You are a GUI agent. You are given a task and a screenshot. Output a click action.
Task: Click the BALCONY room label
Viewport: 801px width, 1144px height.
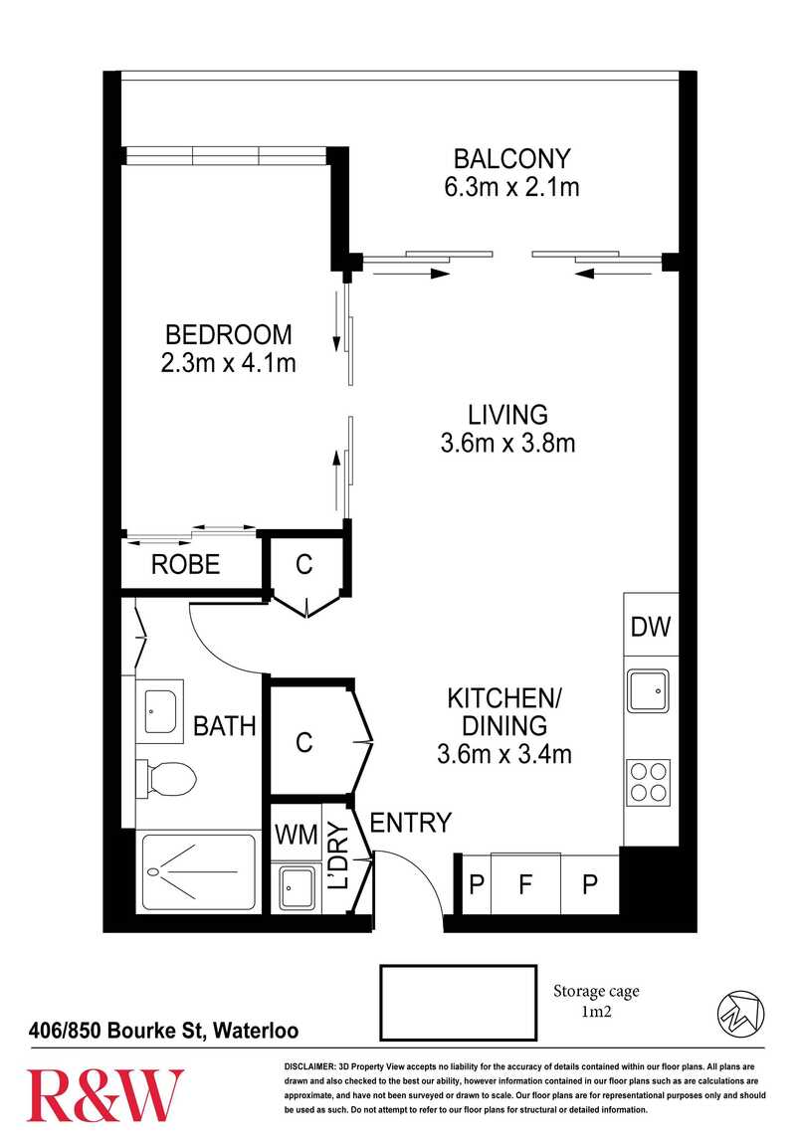[511, 158]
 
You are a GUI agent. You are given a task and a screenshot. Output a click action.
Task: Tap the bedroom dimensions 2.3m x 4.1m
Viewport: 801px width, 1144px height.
[228, 363]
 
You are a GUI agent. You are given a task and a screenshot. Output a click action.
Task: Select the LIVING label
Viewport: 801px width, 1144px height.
[507, 415]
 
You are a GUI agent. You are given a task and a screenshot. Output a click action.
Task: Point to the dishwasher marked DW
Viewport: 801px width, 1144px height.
[651, 626]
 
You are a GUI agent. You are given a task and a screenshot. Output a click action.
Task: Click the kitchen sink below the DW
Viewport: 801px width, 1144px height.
[648, 691]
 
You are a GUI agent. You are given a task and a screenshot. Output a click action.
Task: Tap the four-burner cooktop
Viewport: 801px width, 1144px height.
[649, 782]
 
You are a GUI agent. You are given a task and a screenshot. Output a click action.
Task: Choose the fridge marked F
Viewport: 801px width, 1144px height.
[525, 883]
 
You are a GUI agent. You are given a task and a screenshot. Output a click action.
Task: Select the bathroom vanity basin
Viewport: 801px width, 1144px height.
[160, 711]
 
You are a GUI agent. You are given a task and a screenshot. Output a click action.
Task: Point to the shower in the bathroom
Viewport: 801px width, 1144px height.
[198, 871]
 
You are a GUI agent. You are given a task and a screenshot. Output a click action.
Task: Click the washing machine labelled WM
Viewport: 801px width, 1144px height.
[296, 834]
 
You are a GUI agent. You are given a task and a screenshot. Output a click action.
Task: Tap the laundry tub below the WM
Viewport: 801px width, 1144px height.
[295, 888]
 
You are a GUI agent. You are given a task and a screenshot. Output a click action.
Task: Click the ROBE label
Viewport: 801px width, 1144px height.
[185, 564]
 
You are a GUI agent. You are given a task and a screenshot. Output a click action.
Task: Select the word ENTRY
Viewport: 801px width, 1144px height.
[411, 823]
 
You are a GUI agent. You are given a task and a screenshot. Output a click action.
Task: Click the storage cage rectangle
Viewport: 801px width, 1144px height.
[458, 1003]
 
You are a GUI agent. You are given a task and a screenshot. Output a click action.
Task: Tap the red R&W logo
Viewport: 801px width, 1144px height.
[105, 1095]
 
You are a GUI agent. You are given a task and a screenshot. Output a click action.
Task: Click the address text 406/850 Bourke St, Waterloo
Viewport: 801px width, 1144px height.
[163, 1031]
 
